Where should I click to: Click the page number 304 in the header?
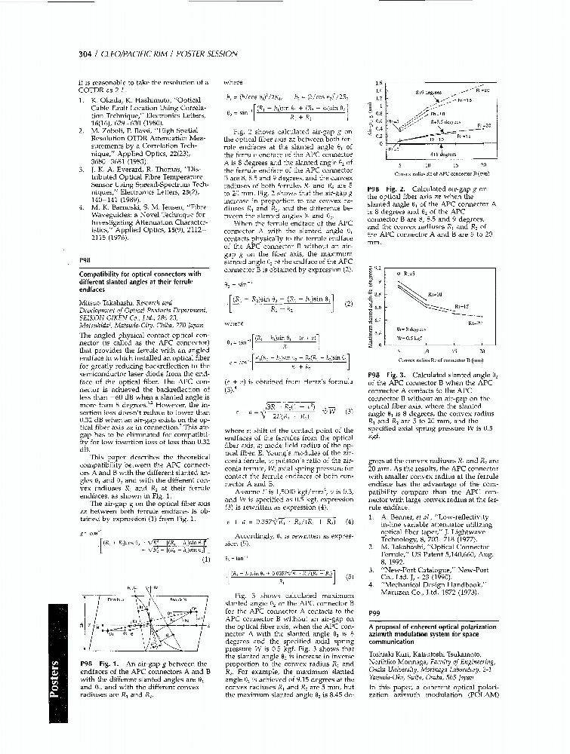point(85,54)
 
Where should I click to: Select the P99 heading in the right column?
point(373,612)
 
